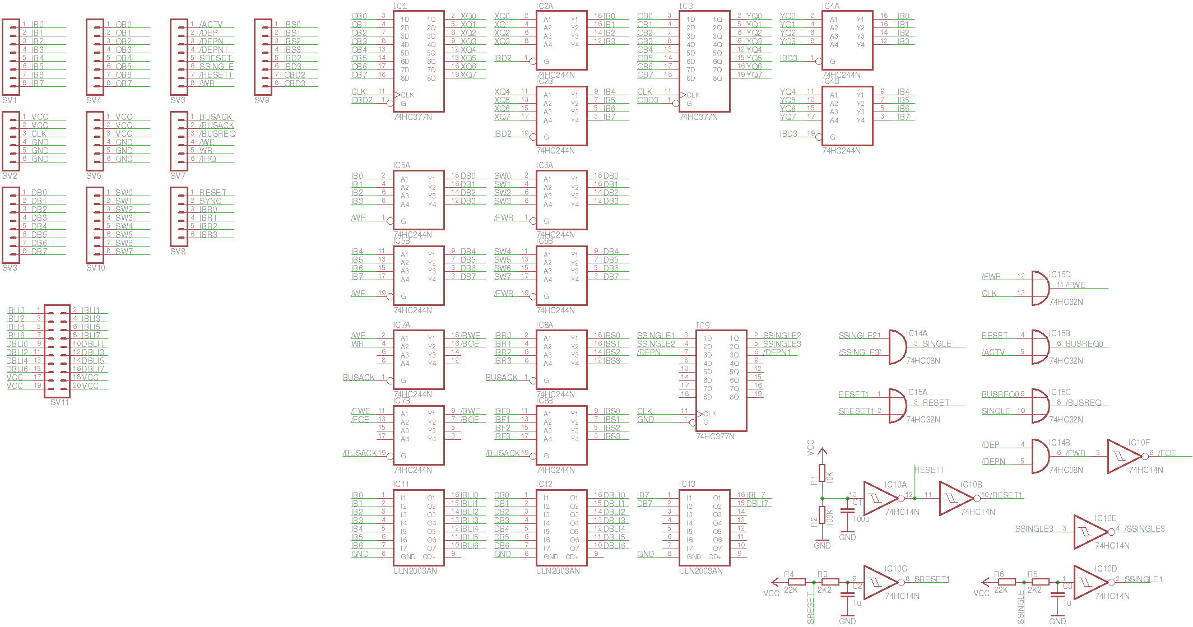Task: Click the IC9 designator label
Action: click(x=703, y=325)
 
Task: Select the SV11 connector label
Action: click(x=59, y=402)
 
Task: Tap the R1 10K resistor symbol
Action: click(x=822, y=473)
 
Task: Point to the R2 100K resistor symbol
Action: click(x=822, y=515)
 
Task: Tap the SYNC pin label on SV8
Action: click(x=210, y=201)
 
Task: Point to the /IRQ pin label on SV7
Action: click(x=208, y=159)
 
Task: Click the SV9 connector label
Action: click(x=262, y=100)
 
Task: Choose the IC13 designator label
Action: click(x=687, y=484)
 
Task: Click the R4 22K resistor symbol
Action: click(x=796, y=582)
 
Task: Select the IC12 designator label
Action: click(x=544, y=484)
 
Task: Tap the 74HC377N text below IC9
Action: click(x=715, y=436)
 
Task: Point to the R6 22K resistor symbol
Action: click(x=1006, y=582)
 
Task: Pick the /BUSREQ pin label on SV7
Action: click(x=217, y=134)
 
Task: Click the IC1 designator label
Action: click(x=400, y=6)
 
